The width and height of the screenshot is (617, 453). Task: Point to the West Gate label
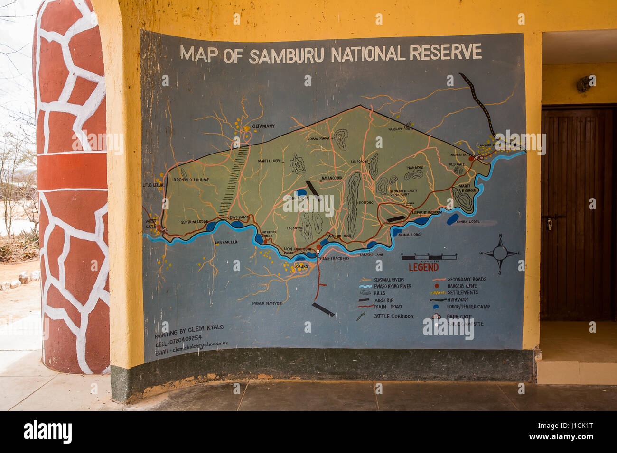point(151,224)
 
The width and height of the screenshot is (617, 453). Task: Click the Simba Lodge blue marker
point(452,219)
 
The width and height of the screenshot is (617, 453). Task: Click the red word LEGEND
point(423,267)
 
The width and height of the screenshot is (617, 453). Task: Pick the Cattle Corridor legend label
point(393,316)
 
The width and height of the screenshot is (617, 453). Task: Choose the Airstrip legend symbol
point(364,300)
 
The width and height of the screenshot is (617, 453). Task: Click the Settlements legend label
point(462,293)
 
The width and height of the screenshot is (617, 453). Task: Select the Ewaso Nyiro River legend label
point(393,286)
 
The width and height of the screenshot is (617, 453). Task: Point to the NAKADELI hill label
point(415,168)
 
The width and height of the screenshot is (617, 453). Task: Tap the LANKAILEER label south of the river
point(226,242)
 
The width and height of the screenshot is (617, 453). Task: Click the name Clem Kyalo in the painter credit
point(206,328)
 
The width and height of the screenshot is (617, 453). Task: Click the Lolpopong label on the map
point(359,162)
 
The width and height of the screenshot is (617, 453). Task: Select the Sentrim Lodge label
point(195,222)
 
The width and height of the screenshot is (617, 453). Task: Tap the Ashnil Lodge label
point(411,234)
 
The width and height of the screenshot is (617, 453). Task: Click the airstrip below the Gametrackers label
point(323,309)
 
